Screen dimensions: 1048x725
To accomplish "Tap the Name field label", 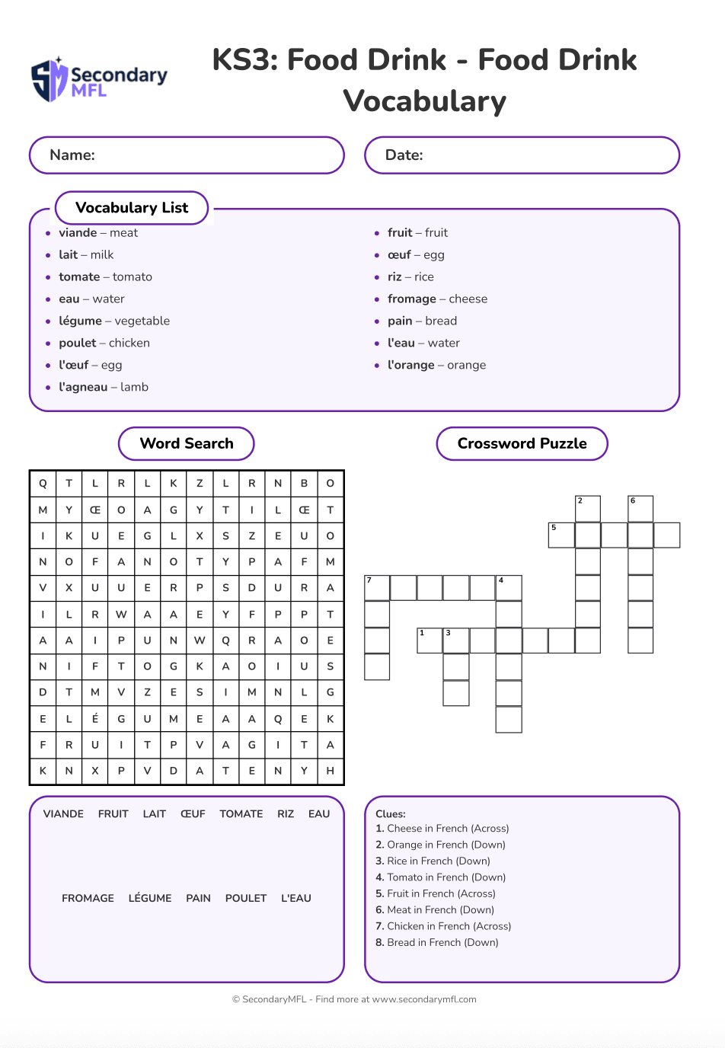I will click(72, 155).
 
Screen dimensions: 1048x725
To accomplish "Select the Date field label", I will click(404, 155).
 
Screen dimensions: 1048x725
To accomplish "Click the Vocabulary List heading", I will click(132, 208).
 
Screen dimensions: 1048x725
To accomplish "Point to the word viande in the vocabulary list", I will click(78, 233).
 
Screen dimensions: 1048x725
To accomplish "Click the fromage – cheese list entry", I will click(437, 299).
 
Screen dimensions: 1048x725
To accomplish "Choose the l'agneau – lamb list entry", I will click(104, 387).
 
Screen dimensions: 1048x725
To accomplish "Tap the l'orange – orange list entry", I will click(436, 366).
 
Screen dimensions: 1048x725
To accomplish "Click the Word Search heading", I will click(187, 444).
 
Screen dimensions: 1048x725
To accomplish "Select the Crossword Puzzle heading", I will click(522, 444).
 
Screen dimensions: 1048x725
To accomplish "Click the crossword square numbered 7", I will click(377, 588).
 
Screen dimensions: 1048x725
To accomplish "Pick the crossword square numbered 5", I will click(561, 535).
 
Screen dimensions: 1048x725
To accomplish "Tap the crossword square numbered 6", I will click(640, 509).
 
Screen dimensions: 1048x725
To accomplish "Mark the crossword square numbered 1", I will click(430, 641).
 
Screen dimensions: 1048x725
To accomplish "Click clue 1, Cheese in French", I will click(442, 829).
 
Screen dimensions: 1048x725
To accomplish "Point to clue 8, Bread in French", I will click(437, 943).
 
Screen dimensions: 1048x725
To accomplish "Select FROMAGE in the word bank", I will click(88, 899).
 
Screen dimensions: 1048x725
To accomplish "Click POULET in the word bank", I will click(246, 899).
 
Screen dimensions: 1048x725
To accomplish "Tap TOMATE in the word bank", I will click(241, 814).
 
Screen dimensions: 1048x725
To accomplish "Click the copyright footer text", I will click(354, 999).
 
